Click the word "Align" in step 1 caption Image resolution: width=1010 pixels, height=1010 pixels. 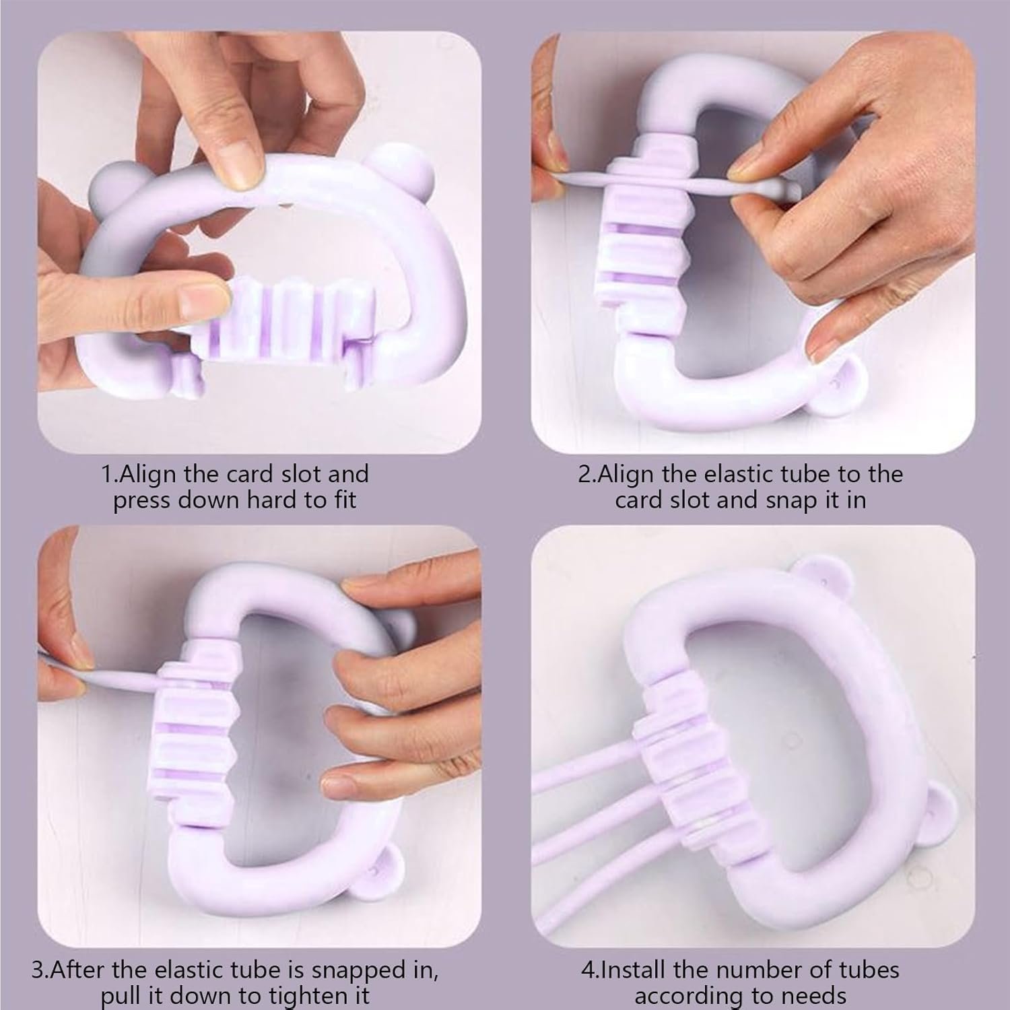pos(151,474)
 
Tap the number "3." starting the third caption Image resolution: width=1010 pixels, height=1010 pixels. pos(41,970)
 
